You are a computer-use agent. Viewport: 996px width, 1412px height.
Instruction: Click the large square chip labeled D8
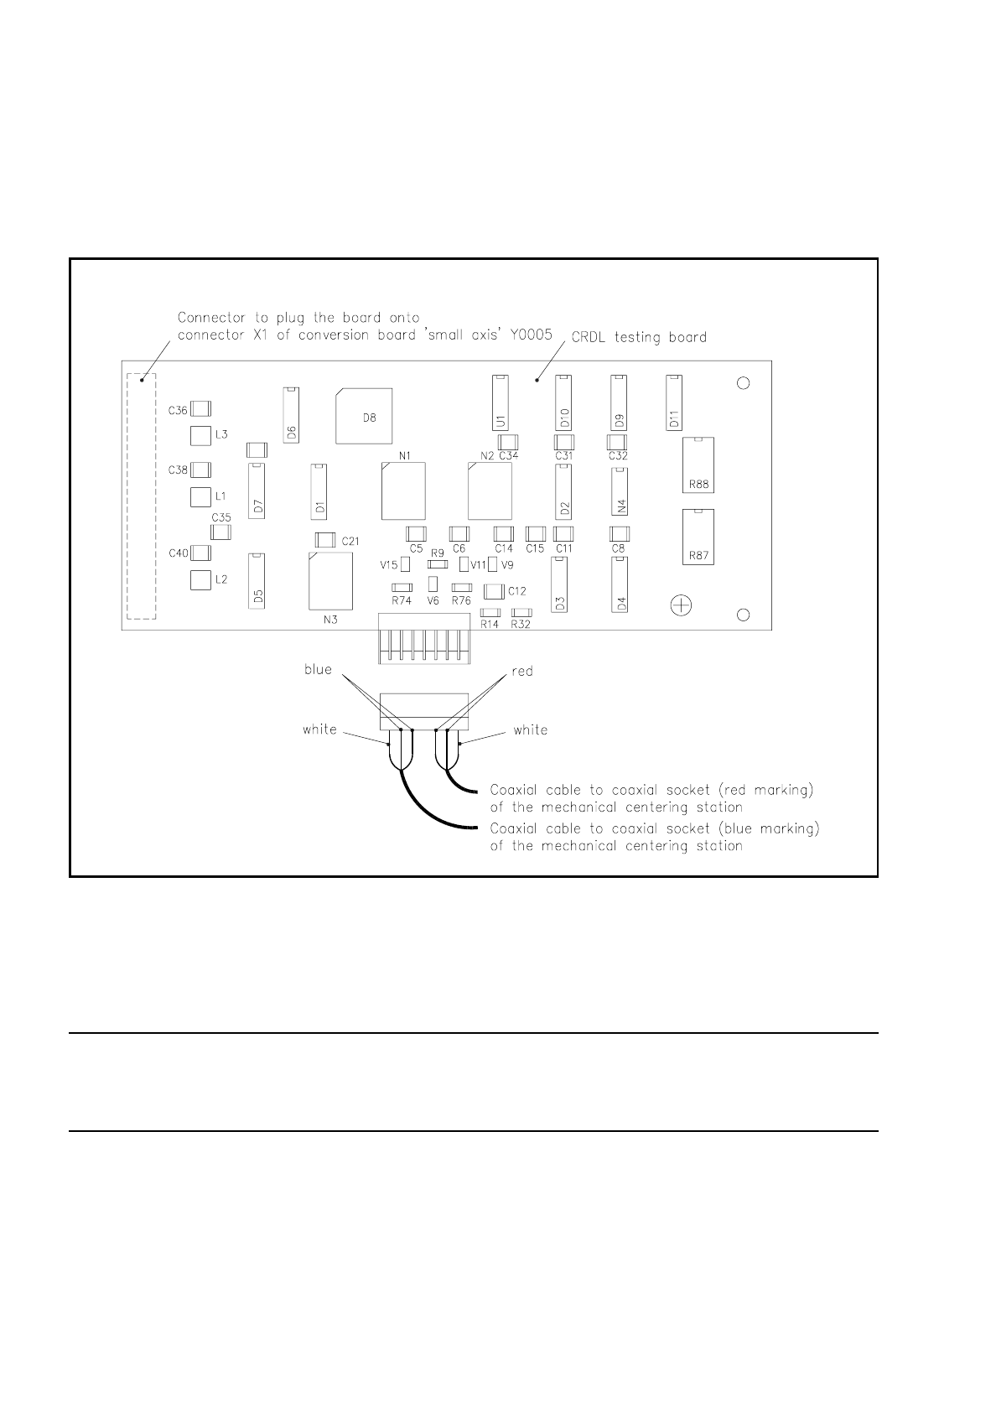(x=364, y=415)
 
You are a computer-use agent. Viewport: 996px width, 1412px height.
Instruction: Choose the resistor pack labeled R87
(x=699, y=537)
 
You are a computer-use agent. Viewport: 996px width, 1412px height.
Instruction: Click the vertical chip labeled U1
(x=500, y=403)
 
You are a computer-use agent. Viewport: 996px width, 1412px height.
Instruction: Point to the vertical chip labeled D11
(x=674, y=403)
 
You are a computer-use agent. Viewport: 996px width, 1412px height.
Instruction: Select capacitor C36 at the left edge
(x=200, y=409)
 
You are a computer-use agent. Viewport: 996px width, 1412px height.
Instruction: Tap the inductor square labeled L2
(x=200, y=579)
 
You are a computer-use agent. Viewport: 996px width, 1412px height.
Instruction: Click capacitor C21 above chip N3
(x=324, y=541)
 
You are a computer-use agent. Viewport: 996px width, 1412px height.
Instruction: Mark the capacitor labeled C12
(x=495, y=591)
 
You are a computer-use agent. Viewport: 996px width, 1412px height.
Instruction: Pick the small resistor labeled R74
(x=402, y=588)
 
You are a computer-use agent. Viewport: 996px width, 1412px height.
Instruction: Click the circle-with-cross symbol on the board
(x=682, y=605)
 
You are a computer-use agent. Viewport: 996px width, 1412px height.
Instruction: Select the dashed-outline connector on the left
(x=141, y=497)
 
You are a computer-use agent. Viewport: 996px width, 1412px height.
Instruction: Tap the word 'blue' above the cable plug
(x=318, y=669)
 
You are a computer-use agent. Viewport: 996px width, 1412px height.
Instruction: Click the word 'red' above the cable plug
(x=522, y=671)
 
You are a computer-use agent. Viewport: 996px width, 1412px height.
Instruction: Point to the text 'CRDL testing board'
(x=639, y=337)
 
